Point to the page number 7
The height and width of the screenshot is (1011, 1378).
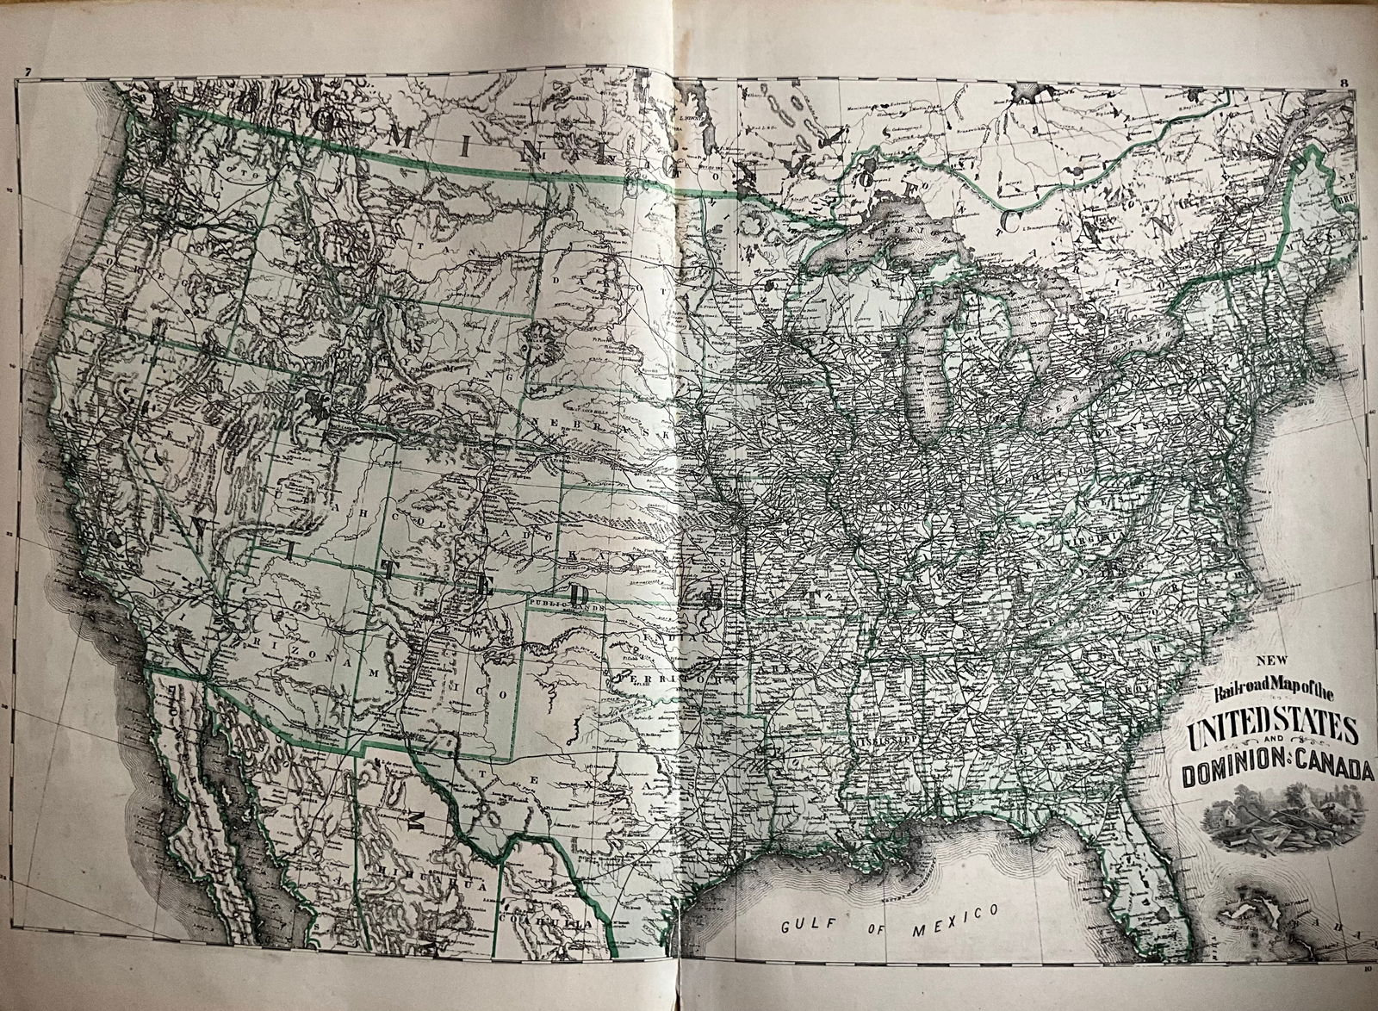28,71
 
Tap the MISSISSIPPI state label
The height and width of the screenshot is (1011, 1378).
880,739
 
